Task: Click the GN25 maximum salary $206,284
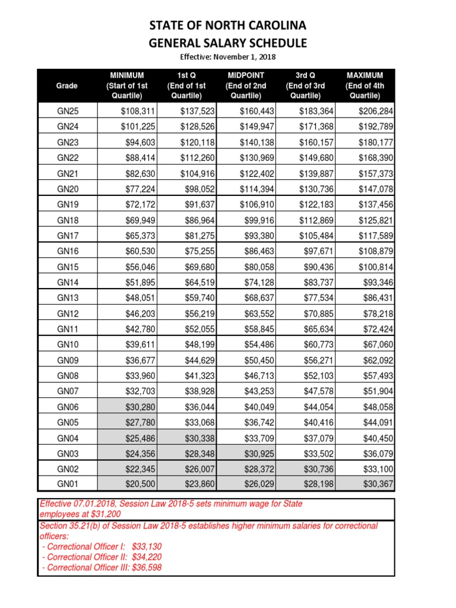(375, 111)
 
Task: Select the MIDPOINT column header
(246, 85)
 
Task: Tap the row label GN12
(67, 313)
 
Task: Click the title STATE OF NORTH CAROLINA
(228, 26)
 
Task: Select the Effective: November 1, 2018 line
(228, 57)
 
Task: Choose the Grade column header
(67, 85)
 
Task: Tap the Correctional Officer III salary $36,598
(145, 567)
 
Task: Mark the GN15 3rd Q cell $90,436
(318, 267)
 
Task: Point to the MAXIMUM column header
(365, 85)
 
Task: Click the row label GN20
(67, 189)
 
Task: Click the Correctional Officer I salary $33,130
(141, 546)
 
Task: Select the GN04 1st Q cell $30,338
(199, 438)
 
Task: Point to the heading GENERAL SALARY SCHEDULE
(228, 43)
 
